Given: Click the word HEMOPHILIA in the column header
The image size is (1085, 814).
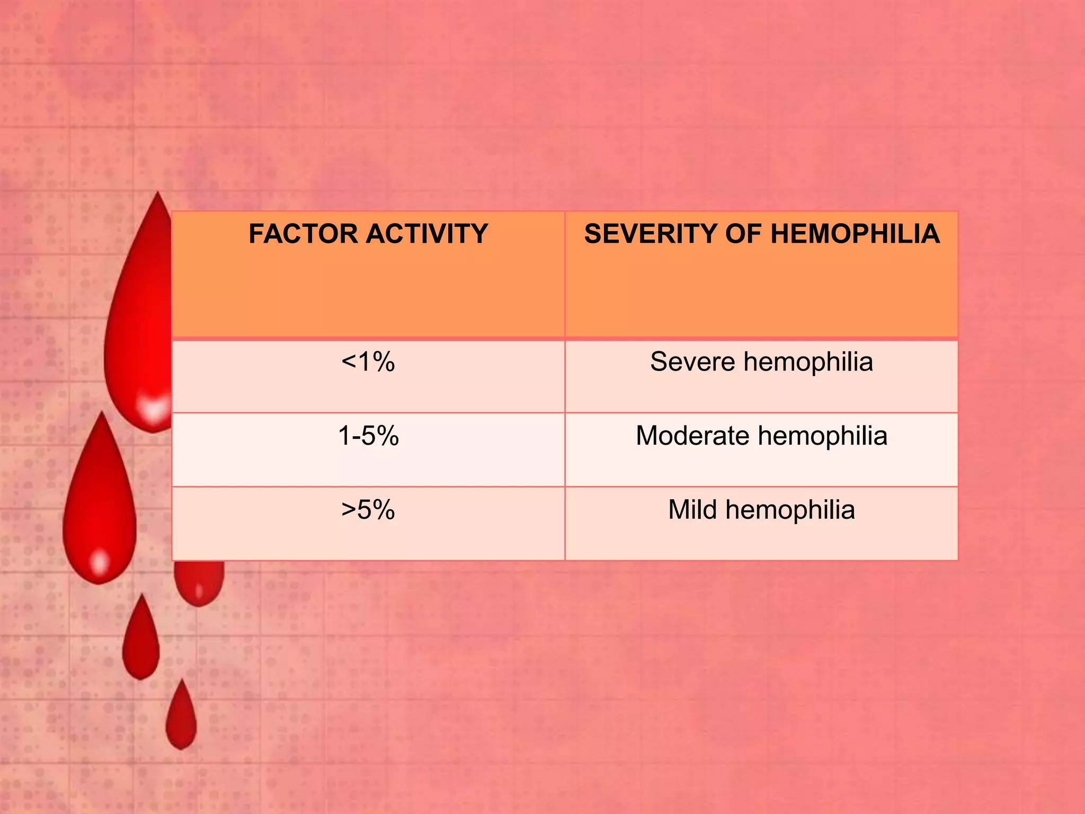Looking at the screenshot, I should point(855,234).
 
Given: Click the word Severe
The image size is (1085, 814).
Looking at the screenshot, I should point(692,362).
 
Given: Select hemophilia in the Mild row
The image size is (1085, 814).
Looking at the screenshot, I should point(790,511).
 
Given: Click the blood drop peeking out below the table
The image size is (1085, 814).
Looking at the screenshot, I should point(199,583).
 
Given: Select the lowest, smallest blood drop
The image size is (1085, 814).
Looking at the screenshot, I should point(181,718).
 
